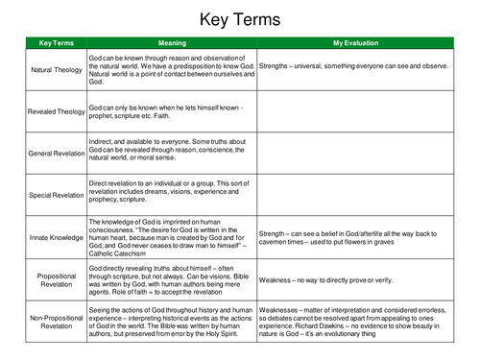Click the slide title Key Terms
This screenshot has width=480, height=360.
click(240, 19)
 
